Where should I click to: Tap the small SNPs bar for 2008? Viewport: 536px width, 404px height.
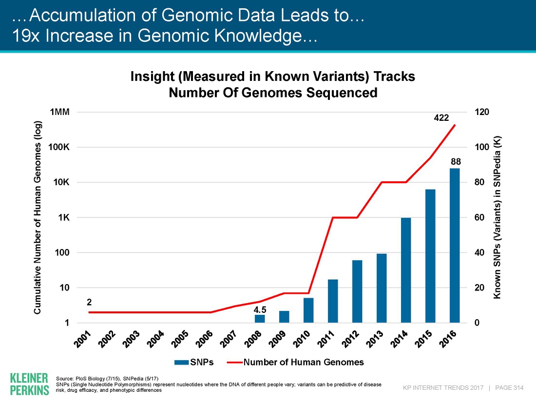click(260, 319)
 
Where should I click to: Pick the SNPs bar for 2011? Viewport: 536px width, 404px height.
click(333, 301)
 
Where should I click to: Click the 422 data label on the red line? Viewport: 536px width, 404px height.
click(441, 117)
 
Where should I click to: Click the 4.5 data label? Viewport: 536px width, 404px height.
click(260, 309)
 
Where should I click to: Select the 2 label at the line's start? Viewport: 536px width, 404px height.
click(89, 303)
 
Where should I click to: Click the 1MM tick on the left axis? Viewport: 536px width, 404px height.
click(60, 112)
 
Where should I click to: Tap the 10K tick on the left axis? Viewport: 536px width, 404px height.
click(61, 182)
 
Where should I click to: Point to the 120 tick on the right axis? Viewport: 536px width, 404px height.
click(474, 112)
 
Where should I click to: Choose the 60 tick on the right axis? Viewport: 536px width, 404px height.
click(472, 217)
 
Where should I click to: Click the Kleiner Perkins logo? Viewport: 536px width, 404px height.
click(29, 384)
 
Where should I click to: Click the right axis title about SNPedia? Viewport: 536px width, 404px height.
click(498, 217)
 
